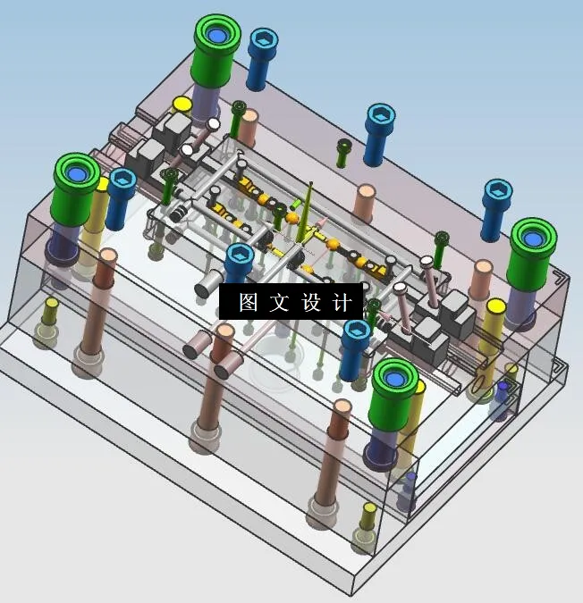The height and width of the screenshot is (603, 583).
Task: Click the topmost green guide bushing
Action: click(216, 38)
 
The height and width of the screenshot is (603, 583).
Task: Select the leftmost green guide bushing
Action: click(76, 175)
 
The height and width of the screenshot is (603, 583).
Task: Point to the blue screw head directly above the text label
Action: click(240, 256)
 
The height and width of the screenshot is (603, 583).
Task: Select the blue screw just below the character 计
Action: click(356, 333)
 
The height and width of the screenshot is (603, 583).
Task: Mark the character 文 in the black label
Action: click(279, 303)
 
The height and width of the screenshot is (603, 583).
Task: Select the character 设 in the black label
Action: click(310, 303)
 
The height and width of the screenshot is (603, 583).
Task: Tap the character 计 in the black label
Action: click(342, 303)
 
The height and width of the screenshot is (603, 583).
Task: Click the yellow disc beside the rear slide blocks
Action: click(182, 104)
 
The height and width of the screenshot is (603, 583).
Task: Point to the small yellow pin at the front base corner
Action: click(368, 510)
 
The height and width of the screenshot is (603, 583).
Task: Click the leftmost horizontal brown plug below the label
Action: click(197, 346)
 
